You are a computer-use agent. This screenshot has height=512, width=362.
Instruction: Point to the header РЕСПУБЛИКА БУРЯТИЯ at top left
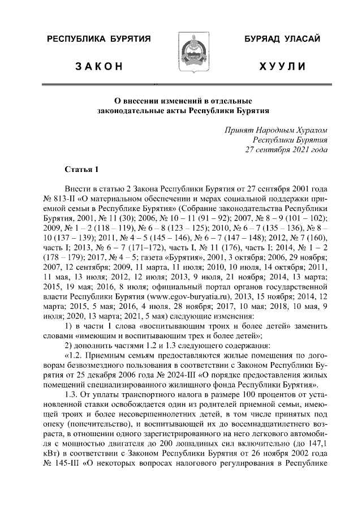tap(98, 39)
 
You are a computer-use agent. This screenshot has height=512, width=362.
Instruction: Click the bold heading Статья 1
tap(81, 169)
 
